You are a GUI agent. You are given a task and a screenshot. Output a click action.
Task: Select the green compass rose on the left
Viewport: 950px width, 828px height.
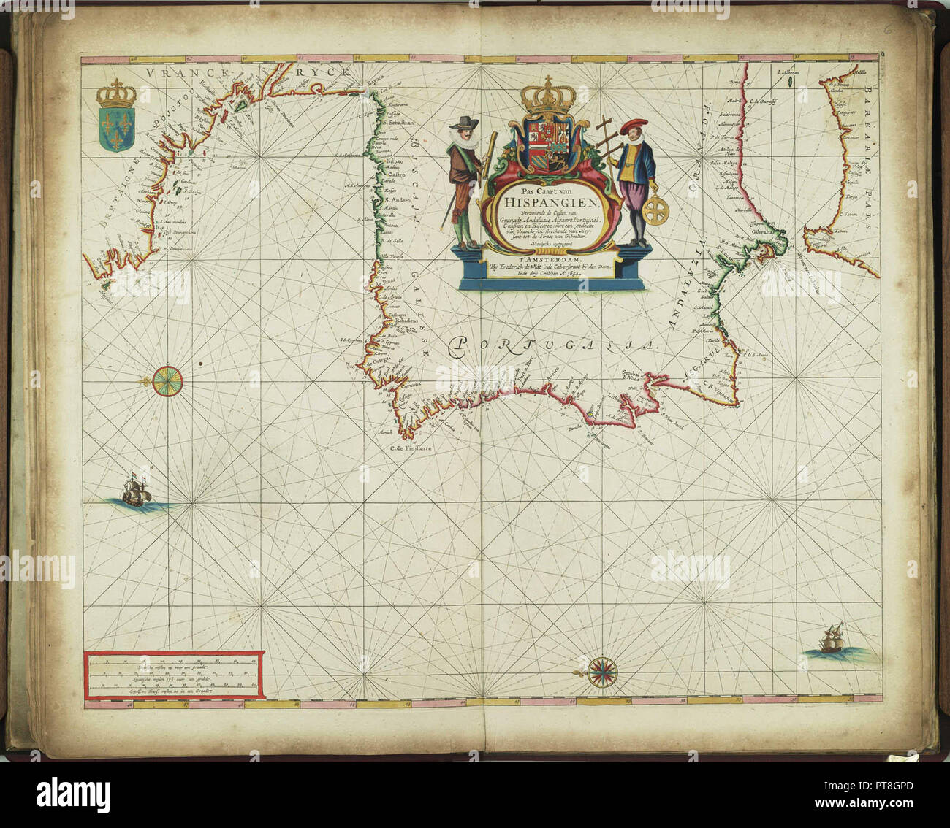click(x=168, y=380)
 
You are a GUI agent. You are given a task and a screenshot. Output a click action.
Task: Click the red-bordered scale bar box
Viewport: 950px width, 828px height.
click(x=173, y=676)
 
